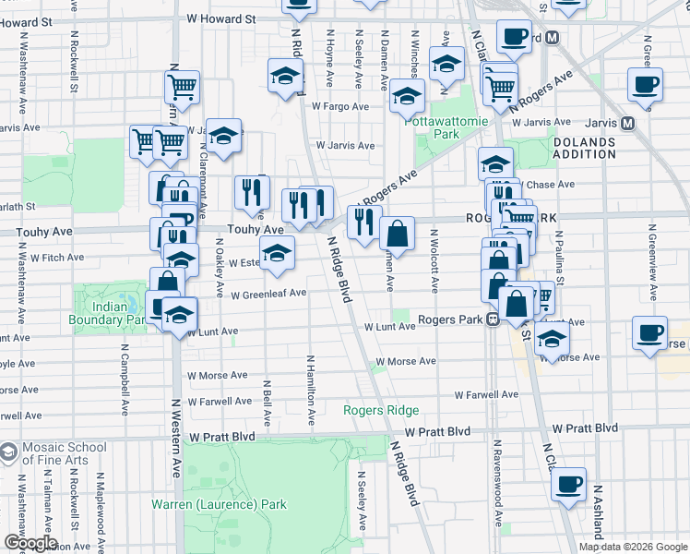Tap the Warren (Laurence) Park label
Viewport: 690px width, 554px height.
219,505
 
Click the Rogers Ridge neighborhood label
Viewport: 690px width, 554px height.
381,410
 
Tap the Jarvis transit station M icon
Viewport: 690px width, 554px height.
628,122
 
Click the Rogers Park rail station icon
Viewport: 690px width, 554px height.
494,319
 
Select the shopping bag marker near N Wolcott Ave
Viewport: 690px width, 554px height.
397,234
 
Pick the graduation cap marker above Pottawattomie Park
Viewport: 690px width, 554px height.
407,94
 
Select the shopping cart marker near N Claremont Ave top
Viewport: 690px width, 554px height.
183,87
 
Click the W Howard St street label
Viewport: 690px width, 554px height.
220,18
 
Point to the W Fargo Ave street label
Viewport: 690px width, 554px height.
340,107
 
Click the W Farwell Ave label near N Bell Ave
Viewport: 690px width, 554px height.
218,402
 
